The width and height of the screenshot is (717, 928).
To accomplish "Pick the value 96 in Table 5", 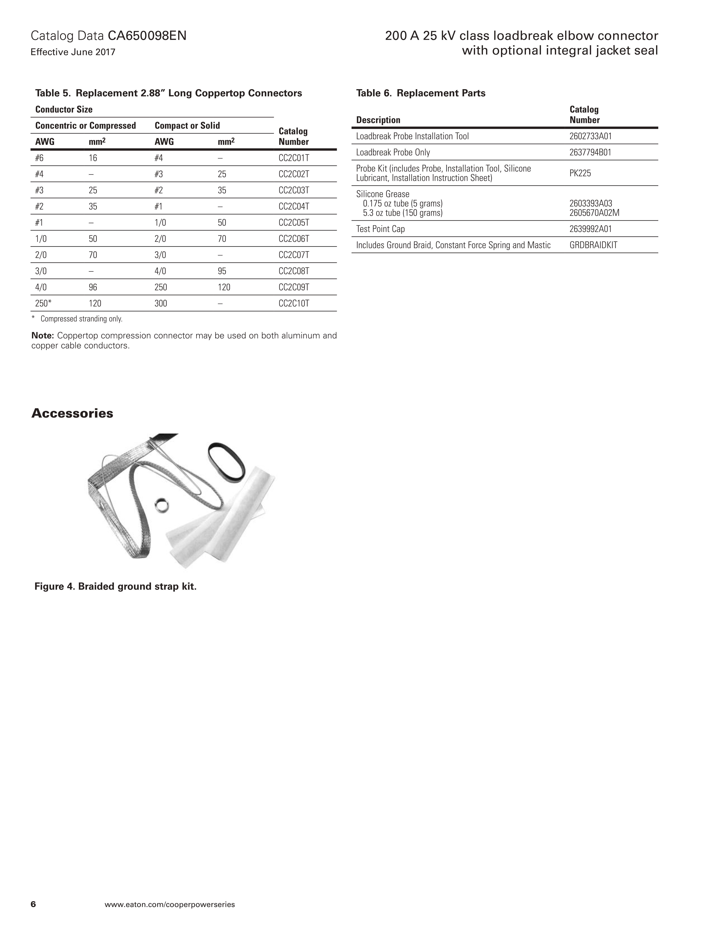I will [x=93, y=287].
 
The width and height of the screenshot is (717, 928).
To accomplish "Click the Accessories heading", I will [x=72, y=413].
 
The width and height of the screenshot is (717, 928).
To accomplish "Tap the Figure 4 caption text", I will [x=116, y=586].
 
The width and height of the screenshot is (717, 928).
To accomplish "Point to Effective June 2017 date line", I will [x=73, y=52].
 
